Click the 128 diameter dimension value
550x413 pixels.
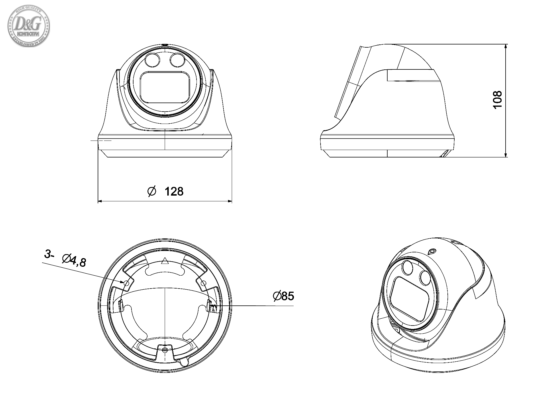(174, 191)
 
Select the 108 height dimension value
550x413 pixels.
(498, 99)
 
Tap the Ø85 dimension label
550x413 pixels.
(284, 296)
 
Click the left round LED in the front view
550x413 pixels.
(152, 60)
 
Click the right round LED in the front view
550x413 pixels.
(176, 60)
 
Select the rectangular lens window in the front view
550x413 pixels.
(165, 87)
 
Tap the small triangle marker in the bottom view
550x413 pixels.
(165, 261)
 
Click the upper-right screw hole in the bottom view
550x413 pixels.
(203, 283)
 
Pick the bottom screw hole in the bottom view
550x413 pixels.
(165, 350)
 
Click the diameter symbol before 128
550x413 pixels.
(152, 191)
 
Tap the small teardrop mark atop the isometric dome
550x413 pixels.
(432, 252)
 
